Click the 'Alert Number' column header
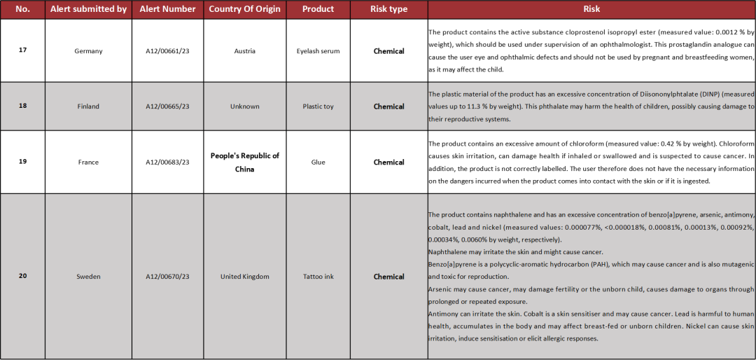[x=167, y=9]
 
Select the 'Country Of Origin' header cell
[x=244, y=9]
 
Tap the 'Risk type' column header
[x=388, y=9]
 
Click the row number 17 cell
[x=22, y=50]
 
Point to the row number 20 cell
[x=22, y=276]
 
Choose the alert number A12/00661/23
[x=167, y=51]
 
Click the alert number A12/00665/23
[x=167, y=106]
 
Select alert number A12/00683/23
[x=167, y=162]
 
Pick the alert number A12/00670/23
[x=167, y=277]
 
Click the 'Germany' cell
[x=88, y=51]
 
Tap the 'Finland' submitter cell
[x=88, y=106]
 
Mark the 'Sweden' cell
[x=88, y=277]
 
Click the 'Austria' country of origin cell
[x=244, y=51]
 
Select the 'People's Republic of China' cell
[x=244, y=162]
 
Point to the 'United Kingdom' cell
[x=244, y=277]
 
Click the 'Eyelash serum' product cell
[x=318, y=51]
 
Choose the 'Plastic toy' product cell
[x=318, y=106]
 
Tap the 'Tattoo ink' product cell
[x=318, y=277]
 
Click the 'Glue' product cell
[x=318, y=162]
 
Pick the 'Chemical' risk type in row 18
[x=388, y=106]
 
